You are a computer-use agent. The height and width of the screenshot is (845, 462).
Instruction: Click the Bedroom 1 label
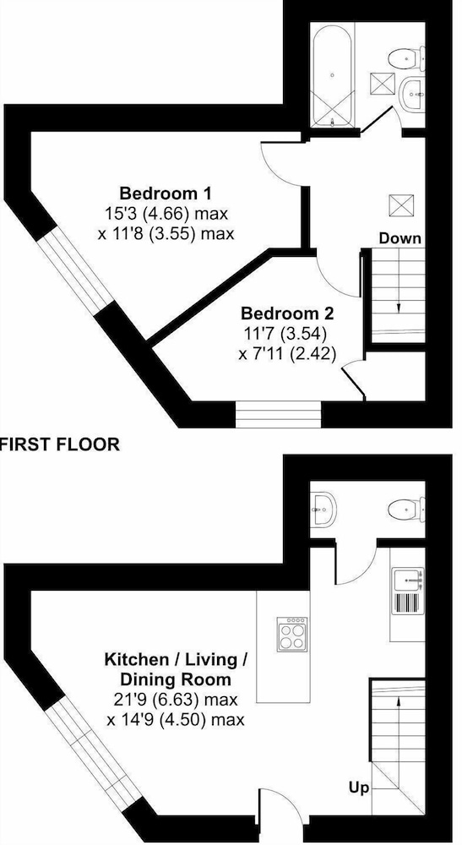(x=166, y=193)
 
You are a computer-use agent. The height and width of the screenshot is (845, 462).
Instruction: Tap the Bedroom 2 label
(x=287, y=313)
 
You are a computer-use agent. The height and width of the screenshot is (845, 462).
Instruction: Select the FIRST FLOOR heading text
(x=60, y=444)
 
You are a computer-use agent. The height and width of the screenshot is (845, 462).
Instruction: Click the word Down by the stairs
(x=400, y=238)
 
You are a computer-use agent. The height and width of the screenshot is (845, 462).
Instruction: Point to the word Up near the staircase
(x=359, y=788)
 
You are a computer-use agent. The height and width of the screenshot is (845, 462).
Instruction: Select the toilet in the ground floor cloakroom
(x=406, y=510)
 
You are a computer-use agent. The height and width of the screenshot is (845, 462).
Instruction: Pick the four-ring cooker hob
(x=292, y=635)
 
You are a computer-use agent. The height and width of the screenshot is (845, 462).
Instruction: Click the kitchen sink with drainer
(x=408, y=590)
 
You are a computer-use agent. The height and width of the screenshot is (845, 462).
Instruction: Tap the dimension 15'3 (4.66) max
(x=167, y=214)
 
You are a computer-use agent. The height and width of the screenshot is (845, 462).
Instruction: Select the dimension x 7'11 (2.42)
(x=287, y=354)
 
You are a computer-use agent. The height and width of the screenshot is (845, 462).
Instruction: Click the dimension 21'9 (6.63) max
(x=172, y=700)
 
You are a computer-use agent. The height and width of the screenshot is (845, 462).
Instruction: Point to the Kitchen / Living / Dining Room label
(x=177, y=668)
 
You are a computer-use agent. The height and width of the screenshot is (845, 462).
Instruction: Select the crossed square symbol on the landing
(x=400, y=205)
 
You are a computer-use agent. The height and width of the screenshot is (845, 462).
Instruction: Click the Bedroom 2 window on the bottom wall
(x=279, y=414)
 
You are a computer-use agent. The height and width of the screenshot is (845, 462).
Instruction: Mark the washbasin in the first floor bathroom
(x=414, y=95)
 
